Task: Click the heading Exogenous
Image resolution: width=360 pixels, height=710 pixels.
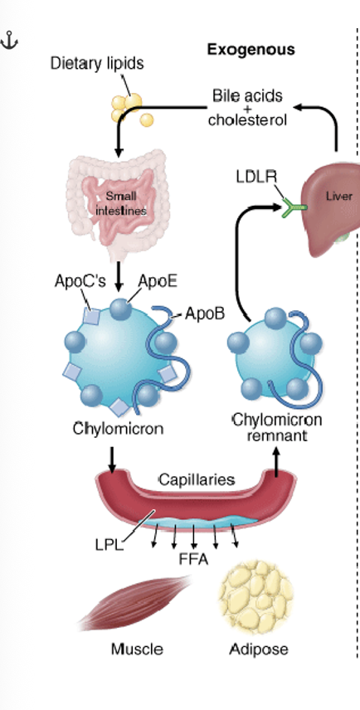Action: coord(250,50)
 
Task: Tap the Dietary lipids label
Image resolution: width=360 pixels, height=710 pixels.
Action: coord(96,63)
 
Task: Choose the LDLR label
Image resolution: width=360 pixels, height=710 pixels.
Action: coord(255,177)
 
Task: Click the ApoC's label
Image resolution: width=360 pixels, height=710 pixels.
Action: coord(80,281)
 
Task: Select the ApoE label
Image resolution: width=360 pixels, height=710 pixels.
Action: coord(157,281)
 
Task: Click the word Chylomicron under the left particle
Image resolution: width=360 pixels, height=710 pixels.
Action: coord(117,429)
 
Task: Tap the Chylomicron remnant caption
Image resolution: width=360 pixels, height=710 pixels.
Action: coord(277,426)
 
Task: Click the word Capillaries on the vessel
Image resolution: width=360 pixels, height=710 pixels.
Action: coord(197,479)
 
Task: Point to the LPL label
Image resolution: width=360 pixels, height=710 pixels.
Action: coord(109,545)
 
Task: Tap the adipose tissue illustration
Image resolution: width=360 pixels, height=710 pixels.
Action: coord(253,600)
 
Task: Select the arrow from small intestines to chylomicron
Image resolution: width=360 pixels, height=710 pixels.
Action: coord(119,271)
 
